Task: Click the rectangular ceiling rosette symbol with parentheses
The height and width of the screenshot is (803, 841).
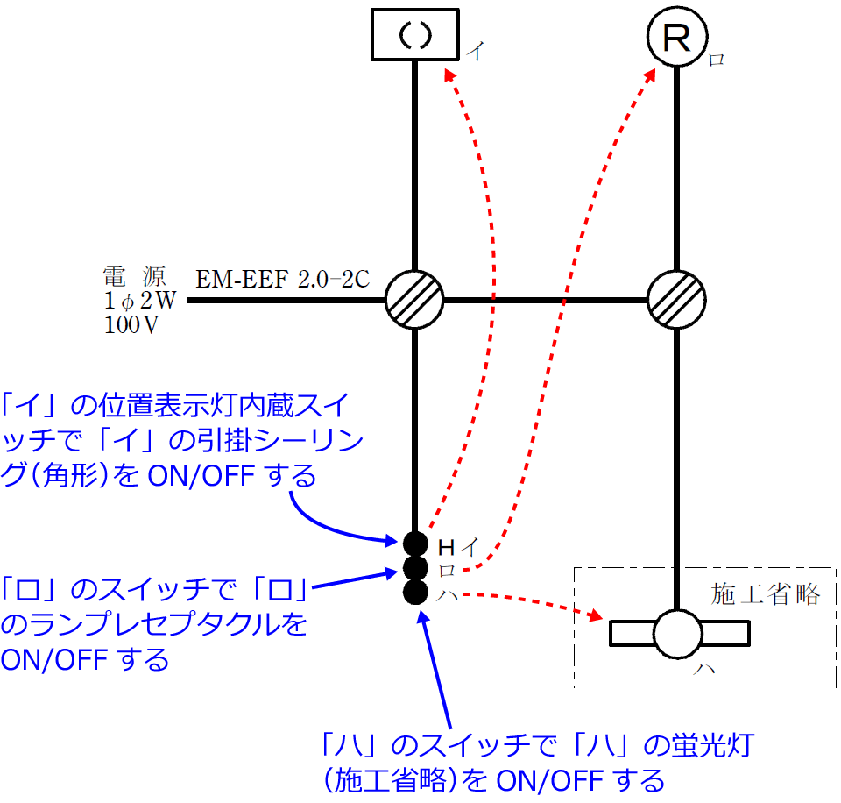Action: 415,35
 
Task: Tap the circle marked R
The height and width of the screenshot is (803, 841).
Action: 676,38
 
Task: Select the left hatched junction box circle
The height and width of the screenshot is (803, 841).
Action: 414,300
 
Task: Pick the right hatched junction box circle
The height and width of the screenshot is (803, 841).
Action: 676,300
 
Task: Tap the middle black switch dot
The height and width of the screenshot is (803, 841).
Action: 415,568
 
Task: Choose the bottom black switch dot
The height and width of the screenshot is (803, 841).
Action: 415,593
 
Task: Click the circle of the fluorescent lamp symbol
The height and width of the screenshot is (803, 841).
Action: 679,633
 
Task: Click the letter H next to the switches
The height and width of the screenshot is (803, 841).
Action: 446,548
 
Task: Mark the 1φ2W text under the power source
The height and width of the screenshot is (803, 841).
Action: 140,301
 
